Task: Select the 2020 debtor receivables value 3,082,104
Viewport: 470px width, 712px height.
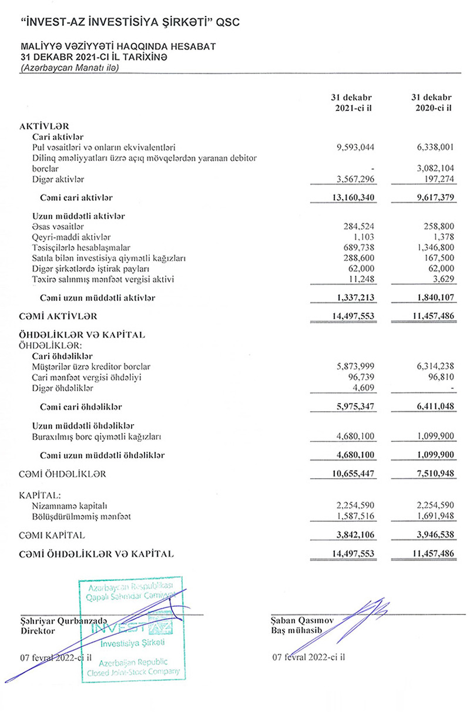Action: tap(432, 169)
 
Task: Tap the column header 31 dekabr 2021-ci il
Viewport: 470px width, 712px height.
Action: tap(352, 103)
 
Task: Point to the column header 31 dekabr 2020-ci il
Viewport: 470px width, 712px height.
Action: tap(432, 103)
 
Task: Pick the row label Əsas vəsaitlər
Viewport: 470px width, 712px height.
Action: tap(61, 226)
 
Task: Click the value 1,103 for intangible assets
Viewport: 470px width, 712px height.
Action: tap(364, 237)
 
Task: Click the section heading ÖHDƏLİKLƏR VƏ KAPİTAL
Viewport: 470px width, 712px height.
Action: tap(82, 335)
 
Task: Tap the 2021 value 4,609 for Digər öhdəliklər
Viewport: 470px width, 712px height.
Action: tap(364, 388)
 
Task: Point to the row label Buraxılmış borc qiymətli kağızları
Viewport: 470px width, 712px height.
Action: tap(97, 436)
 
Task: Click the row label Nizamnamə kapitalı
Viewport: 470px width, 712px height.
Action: tap(71, 505)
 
